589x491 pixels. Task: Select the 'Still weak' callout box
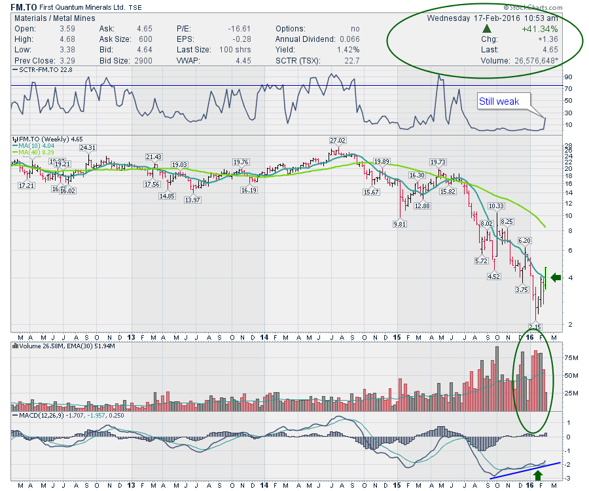(x=499, y=101)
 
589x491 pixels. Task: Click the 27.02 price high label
(x=338, y=140)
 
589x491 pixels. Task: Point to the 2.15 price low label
(x=534, y=327)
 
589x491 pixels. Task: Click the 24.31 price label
(x=88, y=148)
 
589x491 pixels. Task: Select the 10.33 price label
(x=497, y=206)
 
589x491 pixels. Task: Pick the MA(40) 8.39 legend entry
(x=39, y=153)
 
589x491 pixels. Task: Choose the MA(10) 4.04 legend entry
(x=38, y=146)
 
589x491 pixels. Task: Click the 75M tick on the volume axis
(x=570, y=358)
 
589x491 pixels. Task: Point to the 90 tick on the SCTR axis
(x=568, y=77)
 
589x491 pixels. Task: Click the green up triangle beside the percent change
(x=486, y=29)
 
